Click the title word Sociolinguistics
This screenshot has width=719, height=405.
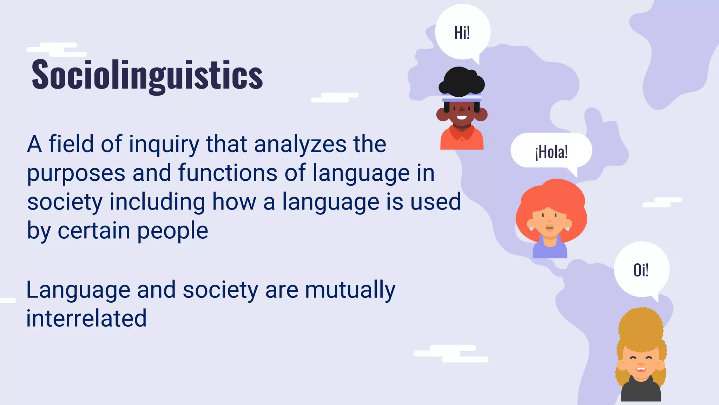point(147,75)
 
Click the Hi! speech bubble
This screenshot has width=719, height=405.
point(462,32)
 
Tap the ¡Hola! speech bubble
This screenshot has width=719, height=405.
point(551,152)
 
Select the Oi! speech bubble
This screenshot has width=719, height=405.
point(641,270)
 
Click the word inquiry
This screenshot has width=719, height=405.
point(164,144)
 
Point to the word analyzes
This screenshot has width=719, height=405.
point(300,144)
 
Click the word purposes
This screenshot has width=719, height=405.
point(76,174)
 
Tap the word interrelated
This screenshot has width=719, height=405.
point(86,318)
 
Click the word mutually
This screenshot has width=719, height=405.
point(350,290)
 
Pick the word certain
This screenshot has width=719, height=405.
point(94,231)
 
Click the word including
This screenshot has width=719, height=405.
point(157,202)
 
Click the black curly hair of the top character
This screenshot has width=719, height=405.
point(461,81)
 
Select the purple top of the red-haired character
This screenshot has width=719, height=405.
point(550,250)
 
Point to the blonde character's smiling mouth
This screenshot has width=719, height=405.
point(641,369)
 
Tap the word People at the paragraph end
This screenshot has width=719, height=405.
point(172,231)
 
